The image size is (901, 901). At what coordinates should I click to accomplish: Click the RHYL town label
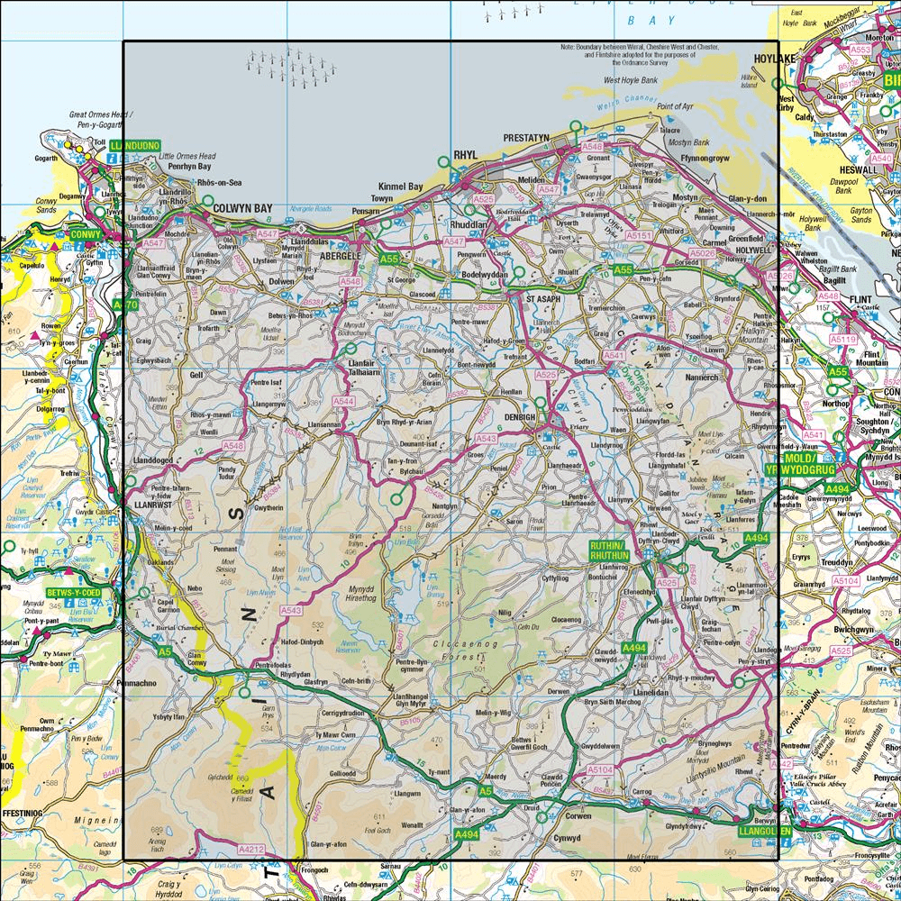pyautogui.click(x=465, y=154)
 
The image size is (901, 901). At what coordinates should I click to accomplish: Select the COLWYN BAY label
pyautogui.click(x=242, y=209)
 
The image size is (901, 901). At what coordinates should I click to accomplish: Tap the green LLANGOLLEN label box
pyautogui.click(x=765, y=830)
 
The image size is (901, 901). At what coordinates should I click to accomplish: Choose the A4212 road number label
pyautogui.click(x=251, y=849)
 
